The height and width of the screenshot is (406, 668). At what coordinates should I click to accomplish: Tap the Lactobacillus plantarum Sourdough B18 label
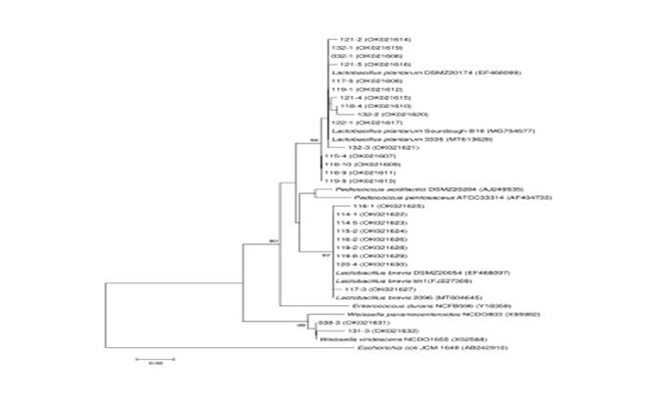point(397,130)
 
